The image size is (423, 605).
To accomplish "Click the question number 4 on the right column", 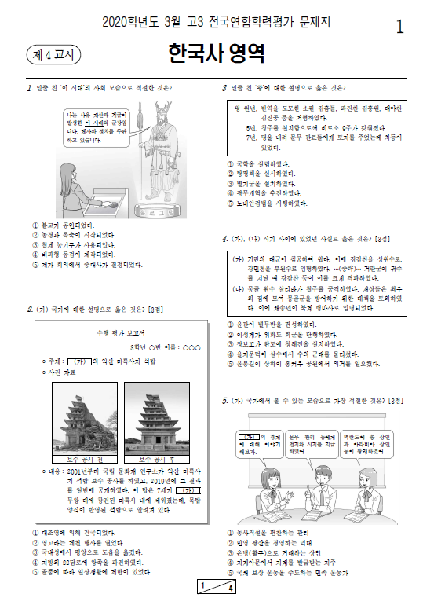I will [224, 237].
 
